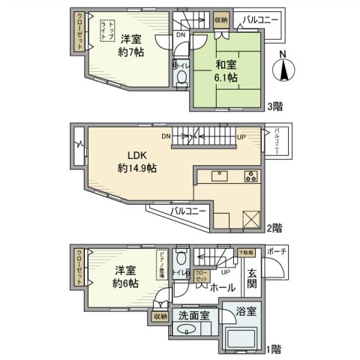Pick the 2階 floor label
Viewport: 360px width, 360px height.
point(274,226)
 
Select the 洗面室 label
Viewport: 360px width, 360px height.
point(193,316)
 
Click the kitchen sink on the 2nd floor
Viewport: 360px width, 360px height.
point(219,178)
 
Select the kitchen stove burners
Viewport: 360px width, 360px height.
point(250,178)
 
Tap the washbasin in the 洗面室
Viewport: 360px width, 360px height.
point(189,334)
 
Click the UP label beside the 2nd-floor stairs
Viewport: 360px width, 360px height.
point(241,136)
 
